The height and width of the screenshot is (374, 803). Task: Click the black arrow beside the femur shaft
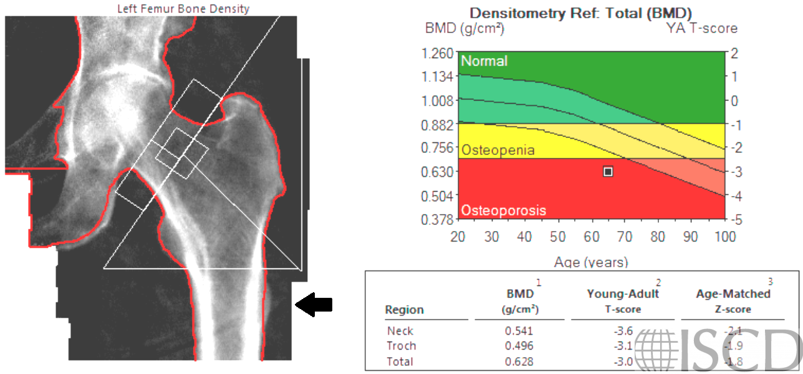tap(314, 305)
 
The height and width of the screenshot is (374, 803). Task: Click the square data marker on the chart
tap(608, 171)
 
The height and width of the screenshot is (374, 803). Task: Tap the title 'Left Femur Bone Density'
tap(183, 9)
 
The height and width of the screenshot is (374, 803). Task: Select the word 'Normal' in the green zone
tap(484, 61)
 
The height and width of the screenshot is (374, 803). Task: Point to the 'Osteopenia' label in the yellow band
tap(498, 150)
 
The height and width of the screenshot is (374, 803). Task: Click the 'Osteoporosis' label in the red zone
tap(503, 210)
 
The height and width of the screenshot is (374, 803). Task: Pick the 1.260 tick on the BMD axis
tap(438, 53)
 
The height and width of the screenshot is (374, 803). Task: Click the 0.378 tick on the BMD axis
tap(438, 220)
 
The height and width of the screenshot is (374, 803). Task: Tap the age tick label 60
tap(591, 237)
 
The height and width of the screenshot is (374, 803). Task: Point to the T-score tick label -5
tap(736, 220)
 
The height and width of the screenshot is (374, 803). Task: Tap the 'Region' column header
tap(404, 310)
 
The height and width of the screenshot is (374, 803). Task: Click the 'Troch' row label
tap(401, 346)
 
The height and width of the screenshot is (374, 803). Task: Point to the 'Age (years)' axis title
tap(591, 262)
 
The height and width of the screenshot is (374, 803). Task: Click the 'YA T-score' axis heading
tap(701, 28)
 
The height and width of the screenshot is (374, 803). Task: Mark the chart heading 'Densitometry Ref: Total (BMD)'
tap(580, 13)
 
